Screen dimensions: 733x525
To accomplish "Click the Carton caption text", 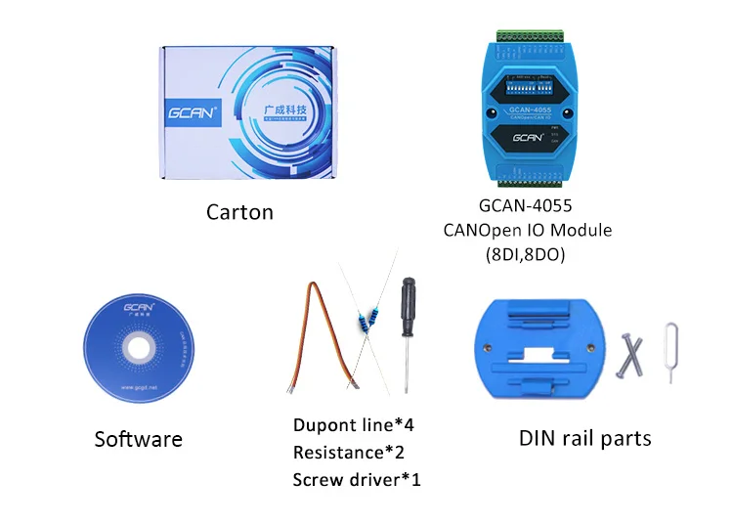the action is click(239, 212).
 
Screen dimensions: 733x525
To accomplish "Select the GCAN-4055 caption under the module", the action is click(525, 206).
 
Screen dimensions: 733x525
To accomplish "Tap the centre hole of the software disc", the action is click(138, 347).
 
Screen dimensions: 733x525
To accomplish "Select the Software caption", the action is click(138, 439).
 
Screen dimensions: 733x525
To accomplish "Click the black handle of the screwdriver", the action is click(408, 304).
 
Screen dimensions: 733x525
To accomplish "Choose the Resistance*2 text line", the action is click(348, 453).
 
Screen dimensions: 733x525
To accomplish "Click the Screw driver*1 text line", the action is click(356, 480).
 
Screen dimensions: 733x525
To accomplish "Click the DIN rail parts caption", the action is click(584, 438).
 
